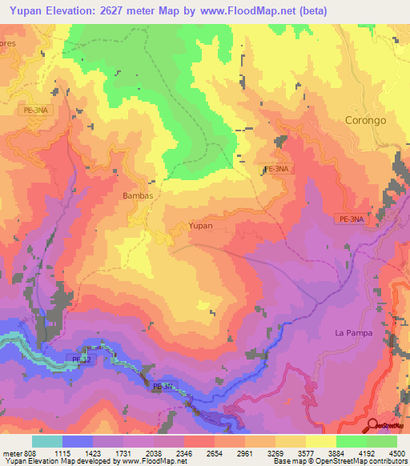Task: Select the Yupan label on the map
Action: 200,226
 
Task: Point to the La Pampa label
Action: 353,332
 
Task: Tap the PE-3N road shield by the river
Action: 163,387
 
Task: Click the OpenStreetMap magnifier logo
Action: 372,425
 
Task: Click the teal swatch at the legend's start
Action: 47,442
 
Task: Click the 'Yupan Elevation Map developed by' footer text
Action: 56,461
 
